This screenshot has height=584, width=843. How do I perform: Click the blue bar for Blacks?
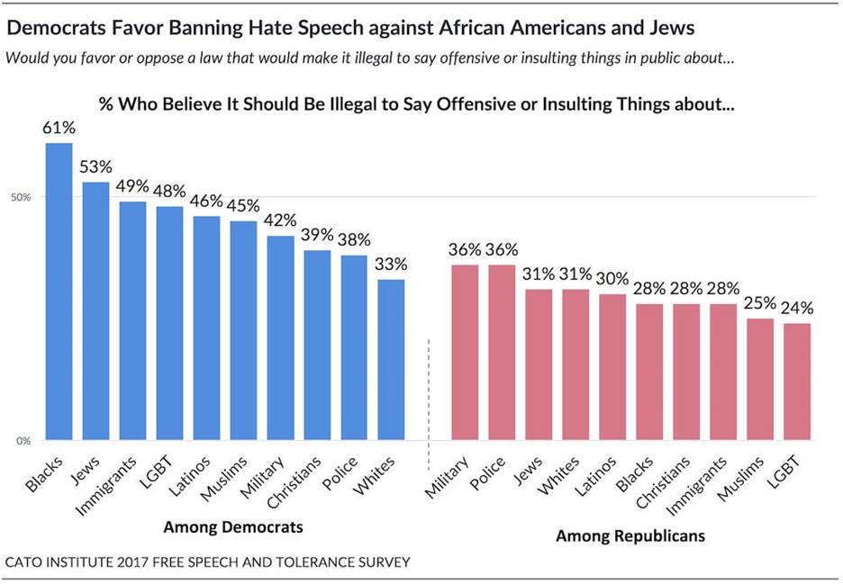click(59, 292)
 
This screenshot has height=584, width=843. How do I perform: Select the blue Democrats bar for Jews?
click(95, 311)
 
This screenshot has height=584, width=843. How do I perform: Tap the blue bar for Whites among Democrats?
click(391, 360)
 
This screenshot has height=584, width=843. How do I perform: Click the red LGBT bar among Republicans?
click(797, 382)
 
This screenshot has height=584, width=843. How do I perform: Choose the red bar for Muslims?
click(760, 379)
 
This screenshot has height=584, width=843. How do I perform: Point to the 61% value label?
click(59, 128)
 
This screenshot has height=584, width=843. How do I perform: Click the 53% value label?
click(95, 166)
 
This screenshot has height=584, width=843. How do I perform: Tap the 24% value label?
click(797, 308)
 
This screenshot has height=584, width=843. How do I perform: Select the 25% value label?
click(760, 303)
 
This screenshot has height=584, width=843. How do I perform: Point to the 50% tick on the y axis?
click(22, 197)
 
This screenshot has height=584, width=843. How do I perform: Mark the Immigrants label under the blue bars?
click(115, 479)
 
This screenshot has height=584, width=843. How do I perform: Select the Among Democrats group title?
click(233, 526)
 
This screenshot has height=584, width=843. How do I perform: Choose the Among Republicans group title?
click(630, 536)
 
